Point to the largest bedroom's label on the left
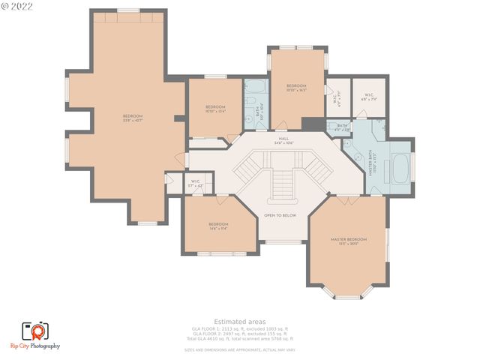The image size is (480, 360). tap(133, 118)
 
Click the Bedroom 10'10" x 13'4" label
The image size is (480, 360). tap(215, 109)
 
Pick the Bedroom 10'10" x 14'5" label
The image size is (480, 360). tap(296, 88)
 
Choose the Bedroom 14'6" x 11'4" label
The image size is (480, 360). tap(218, 226)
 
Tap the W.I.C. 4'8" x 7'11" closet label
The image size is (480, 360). tap(367, 97)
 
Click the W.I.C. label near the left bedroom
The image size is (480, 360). tap(195, 182)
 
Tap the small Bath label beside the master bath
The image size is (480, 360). tap(341, 127)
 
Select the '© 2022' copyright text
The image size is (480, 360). tap(18, 6)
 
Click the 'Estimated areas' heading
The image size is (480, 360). tap(239, 322)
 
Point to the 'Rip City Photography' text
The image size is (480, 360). tap(35, 346)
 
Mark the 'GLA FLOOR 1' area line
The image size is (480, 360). tap(239, 328)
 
